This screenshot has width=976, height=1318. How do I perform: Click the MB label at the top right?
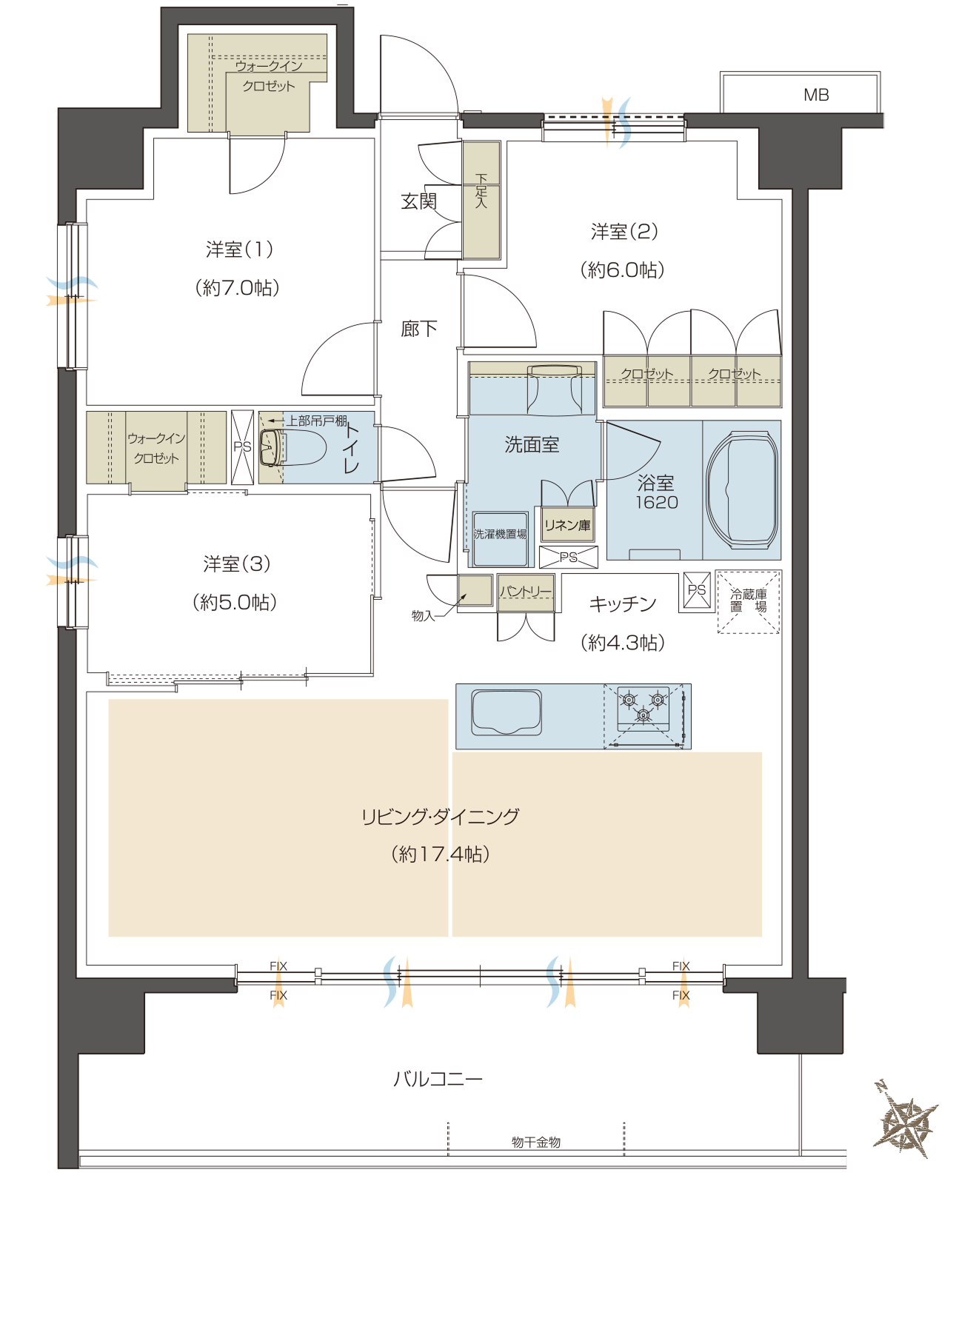[816, 95]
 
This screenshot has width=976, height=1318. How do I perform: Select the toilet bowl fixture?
[293, 446]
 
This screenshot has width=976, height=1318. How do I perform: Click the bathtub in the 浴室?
[742, 489]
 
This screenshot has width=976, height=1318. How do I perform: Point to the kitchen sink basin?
[507, 712]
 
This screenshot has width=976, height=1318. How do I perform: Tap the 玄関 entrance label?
[418, 201]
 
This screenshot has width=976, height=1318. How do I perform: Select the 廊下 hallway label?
[418, 329]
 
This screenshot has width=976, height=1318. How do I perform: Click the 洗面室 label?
[532, 444]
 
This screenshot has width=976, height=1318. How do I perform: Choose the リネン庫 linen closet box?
[568, 526]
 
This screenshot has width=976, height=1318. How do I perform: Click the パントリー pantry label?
[526, 591]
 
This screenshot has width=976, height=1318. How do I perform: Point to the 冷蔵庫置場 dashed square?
[748, 602]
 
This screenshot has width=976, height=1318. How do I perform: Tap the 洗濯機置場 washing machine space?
[501, 538]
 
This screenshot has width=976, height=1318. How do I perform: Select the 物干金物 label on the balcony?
[536, 1143]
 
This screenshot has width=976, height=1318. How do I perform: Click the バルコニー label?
[438, 1079]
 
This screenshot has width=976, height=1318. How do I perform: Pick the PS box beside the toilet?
[242, 447]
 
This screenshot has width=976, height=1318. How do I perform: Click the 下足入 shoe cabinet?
[481, 200]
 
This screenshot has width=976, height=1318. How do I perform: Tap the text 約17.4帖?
[441, 854]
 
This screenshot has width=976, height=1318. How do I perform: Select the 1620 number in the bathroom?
[657, 503]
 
